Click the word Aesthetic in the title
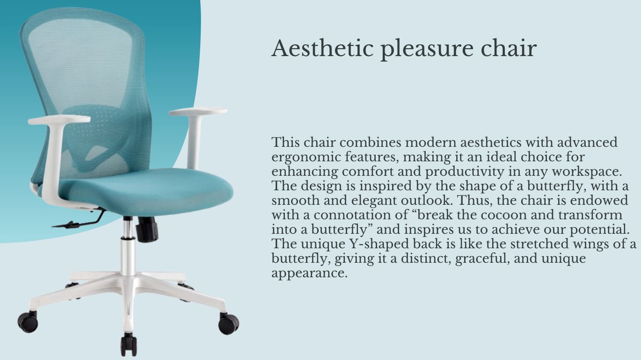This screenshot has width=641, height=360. (x=322, y=48)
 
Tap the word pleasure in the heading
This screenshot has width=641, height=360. (x=427, y=50)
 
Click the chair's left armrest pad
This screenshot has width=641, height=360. (x=59, y=120)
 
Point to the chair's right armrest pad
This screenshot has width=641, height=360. (x=198, y=112)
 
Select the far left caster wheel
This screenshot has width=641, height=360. (x=28, y=322)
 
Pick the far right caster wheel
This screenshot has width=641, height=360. (x=228, y=324)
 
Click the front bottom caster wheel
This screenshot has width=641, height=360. (x=129, y=345)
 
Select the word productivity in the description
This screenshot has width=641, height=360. (x=465, y=172)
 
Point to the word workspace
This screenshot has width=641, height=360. (x=587, y=172)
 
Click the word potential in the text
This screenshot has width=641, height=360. (x=600, y=230)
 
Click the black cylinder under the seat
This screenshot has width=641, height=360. (x=147, y=229)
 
